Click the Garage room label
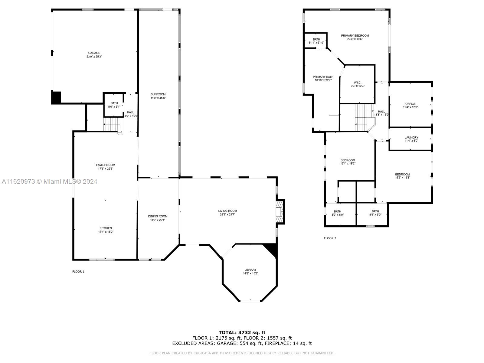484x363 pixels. (x=94, y=53)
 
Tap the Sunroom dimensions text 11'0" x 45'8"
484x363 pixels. (x=158, y=98)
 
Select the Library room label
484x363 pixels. (x=250, y=270)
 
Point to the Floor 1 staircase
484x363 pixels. (x=112, y=124)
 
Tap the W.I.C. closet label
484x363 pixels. (x=358, y=83)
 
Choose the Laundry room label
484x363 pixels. (x=411, y=138)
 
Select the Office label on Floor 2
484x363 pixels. (x=410, y=104)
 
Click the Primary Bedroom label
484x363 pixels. (x=355, y=36)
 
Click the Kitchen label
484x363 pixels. (x=106, y=228)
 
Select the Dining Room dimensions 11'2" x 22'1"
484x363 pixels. (x=158, y=220)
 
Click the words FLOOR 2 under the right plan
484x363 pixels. (x=330, y=238)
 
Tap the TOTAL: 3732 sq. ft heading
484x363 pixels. (x=242, y=333)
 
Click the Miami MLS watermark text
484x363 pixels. (x=49, y=181)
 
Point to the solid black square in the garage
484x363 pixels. (x=56, y=98)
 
